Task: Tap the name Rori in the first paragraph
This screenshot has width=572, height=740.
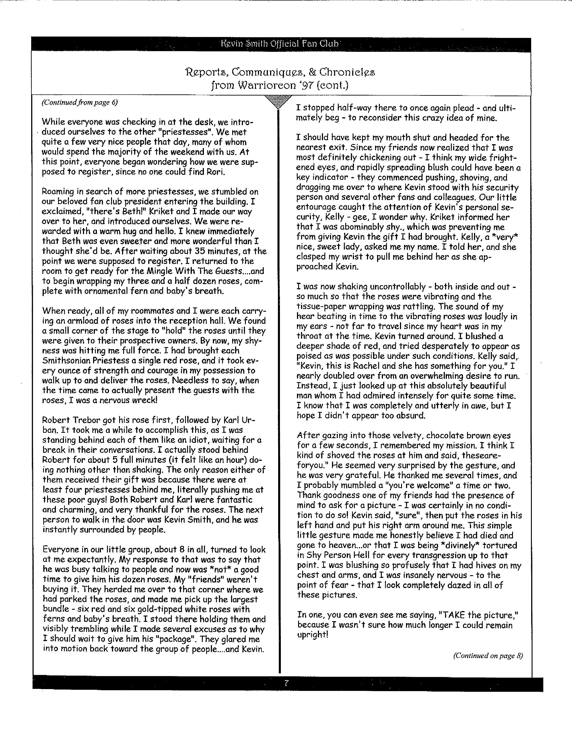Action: (x=215, y=172)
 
